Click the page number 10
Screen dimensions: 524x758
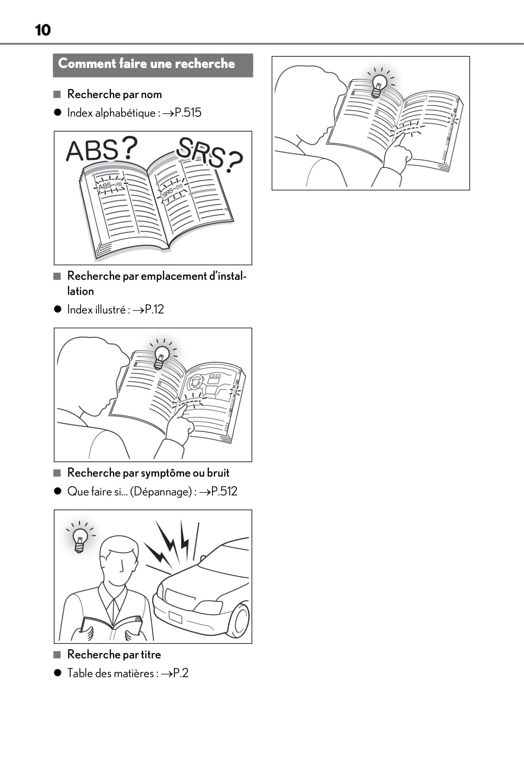[43, 30]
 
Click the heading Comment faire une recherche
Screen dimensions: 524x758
[146, 64]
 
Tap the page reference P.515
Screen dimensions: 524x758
[188, 113]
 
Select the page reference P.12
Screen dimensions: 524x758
[154, 309]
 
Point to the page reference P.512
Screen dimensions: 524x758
[224, 491]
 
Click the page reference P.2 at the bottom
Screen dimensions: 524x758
[180, 673]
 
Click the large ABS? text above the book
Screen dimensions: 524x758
[101, 149]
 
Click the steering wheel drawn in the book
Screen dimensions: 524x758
[195, 382]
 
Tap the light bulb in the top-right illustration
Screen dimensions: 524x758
[379, 85]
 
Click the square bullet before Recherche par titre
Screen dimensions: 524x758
[57, 655]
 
